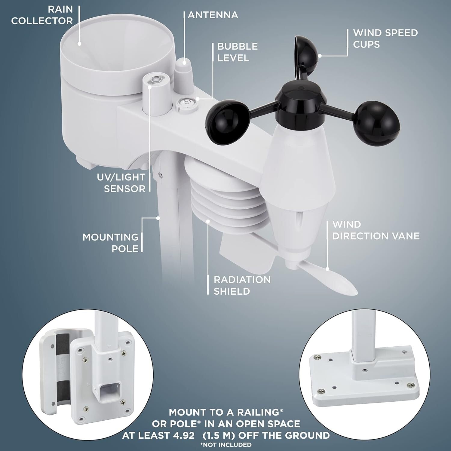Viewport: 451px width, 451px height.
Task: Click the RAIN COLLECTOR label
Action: point(42,15)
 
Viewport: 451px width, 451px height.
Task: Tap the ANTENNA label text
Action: point(213,15)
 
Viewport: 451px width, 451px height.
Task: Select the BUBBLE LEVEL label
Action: point(238,52)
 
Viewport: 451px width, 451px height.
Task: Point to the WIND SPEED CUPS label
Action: point(385,38)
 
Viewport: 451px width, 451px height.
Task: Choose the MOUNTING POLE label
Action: point(111,243)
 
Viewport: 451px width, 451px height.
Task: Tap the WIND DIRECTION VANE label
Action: point(376,230)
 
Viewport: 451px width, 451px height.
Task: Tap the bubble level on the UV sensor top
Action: point(156,80)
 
